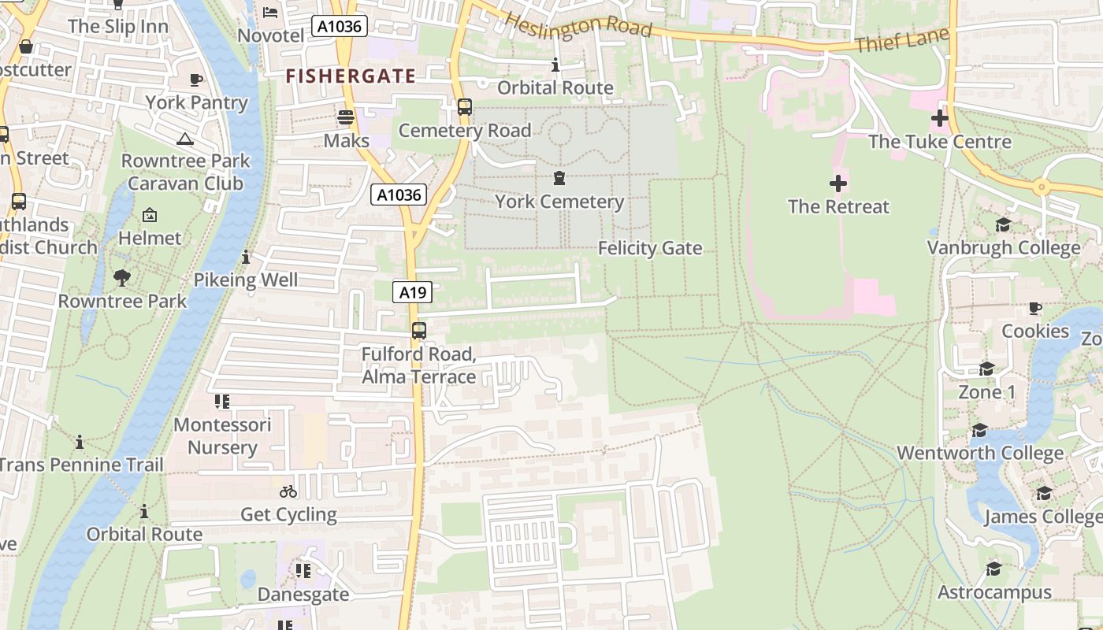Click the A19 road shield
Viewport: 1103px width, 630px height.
[x=412, y=293]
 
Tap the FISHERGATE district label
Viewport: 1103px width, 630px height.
[x=351, y=76]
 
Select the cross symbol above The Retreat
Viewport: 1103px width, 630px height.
[x=838, y=184]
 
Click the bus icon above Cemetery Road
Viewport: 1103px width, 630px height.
[x=465, y=106]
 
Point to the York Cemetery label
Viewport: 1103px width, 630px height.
[x=559, y=202]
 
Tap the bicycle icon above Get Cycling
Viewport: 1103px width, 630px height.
[x=288, y=491]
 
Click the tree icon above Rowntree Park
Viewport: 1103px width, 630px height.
[x=122, y=277]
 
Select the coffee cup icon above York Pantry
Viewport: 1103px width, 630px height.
[x=196, y=80]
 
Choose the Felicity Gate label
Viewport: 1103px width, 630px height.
[x=649, y=248]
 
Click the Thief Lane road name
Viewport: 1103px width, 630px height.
[x=901, y=39]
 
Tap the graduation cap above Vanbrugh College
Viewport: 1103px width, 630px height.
[x=1003, y=225]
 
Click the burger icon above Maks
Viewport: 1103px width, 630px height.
[x=346, y=118]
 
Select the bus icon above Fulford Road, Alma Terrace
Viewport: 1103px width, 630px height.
[x=419, y=331]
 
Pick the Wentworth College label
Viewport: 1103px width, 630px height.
[x=980, y=454]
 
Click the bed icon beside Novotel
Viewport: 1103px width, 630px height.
[x=270, y=12]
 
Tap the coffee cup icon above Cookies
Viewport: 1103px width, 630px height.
[x=1035, y=308]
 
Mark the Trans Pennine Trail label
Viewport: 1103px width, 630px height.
[x=80, y=465]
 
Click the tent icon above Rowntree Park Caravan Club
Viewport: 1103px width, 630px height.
[x=185, y=139]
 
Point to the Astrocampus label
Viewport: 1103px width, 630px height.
[x=994, y=592]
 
